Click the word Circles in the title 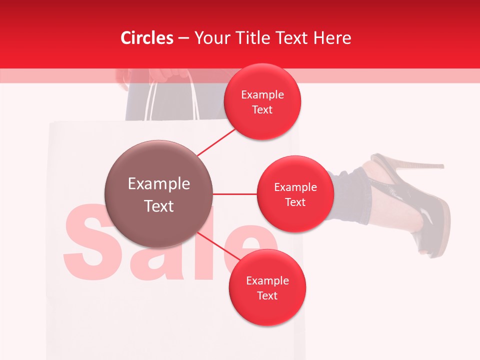tap(147, 38)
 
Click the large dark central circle tap(158, 194)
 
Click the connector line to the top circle tap(217, 141)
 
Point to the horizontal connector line tap(234, 194)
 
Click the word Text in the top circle tap(262, 109)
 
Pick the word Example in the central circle tap(158, 184)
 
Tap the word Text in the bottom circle tap(267, 295)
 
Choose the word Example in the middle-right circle tap(295, 187)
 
